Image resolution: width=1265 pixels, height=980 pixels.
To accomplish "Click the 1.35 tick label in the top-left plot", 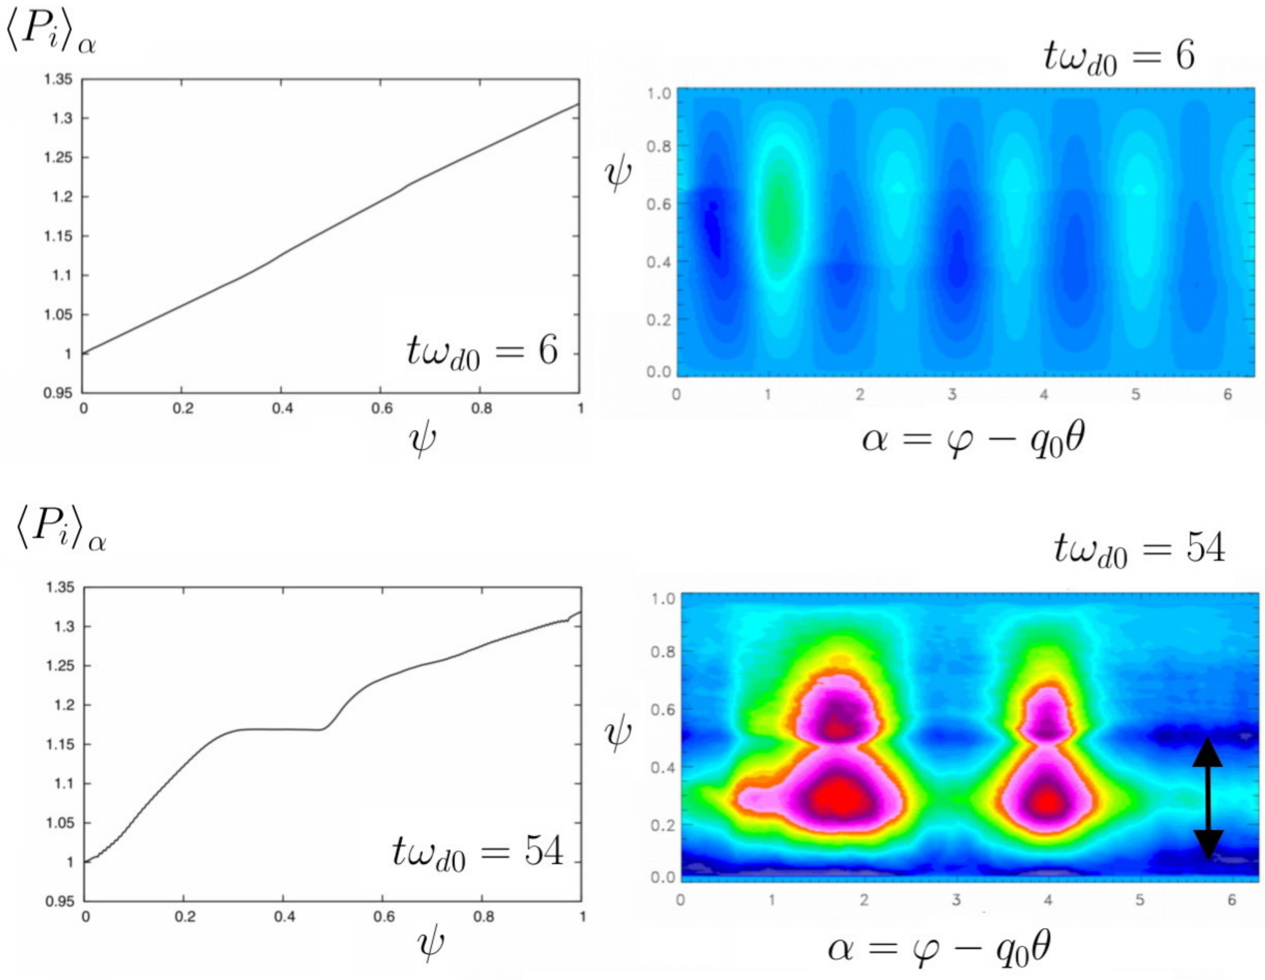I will pos(59,79).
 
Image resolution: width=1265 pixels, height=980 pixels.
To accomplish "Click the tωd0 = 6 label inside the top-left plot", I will pos(482,352).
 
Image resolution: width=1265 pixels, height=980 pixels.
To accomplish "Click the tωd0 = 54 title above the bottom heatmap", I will pos(1139,548).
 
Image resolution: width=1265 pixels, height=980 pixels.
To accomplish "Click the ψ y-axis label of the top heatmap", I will pos(617,174).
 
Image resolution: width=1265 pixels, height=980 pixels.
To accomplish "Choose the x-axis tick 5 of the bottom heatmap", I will pos(1139,900).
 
